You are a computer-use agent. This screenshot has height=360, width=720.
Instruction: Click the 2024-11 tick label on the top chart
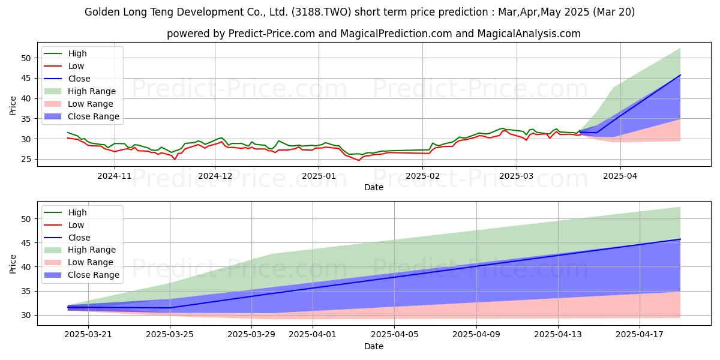(115, 176)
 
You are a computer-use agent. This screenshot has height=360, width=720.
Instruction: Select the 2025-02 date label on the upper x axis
(422, 176)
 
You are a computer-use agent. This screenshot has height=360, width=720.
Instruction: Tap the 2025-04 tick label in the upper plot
(620, 176)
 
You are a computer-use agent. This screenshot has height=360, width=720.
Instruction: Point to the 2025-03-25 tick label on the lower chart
(170, 335)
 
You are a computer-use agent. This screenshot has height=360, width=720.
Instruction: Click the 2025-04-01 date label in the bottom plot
(313, 335)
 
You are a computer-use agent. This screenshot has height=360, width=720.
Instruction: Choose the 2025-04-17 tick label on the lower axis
(640, 335)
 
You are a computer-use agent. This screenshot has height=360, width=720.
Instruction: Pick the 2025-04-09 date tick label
(476, 335)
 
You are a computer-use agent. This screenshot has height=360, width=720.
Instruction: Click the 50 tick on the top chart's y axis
(26, 58)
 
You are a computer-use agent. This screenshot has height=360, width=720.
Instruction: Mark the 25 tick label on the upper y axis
(26, 160)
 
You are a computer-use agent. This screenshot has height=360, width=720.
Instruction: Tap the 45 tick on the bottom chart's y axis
(26, 243)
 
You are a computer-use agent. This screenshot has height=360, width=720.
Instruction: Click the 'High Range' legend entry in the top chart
(80, 91)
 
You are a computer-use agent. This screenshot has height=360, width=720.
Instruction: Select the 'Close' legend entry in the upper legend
(67, 79)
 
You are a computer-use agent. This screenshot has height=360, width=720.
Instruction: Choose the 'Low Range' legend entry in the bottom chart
(79, 262)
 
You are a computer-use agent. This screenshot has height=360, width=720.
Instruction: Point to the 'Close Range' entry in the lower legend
(82, 275)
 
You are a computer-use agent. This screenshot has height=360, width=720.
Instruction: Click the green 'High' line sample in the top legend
(53, 53)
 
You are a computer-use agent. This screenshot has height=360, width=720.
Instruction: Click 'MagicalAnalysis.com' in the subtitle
(529, 34)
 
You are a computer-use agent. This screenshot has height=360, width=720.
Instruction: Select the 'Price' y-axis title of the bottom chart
(13, 264)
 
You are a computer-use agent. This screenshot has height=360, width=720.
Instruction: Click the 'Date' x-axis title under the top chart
(373, 187)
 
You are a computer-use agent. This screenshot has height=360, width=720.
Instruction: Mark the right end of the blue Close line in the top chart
(680, 75)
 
